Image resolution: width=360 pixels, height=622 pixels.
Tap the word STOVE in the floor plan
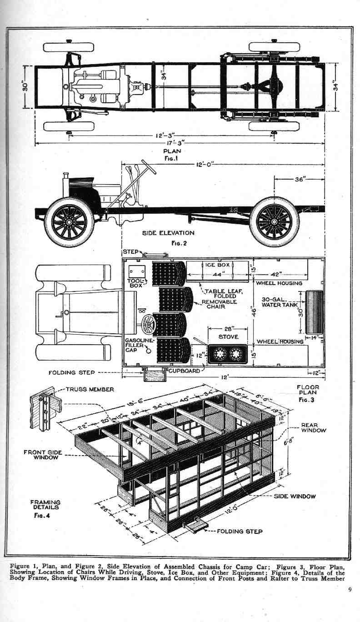tap(228, 337)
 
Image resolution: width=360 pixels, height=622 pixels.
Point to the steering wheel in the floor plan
tap(148, 325)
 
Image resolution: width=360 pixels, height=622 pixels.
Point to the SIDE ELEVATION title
tap(168, 233)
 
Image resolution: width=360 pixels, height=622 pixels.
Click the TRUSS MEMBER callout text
tap(90, 389)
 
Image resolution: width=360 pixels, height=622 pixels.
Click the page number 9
tap(350, 591)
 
